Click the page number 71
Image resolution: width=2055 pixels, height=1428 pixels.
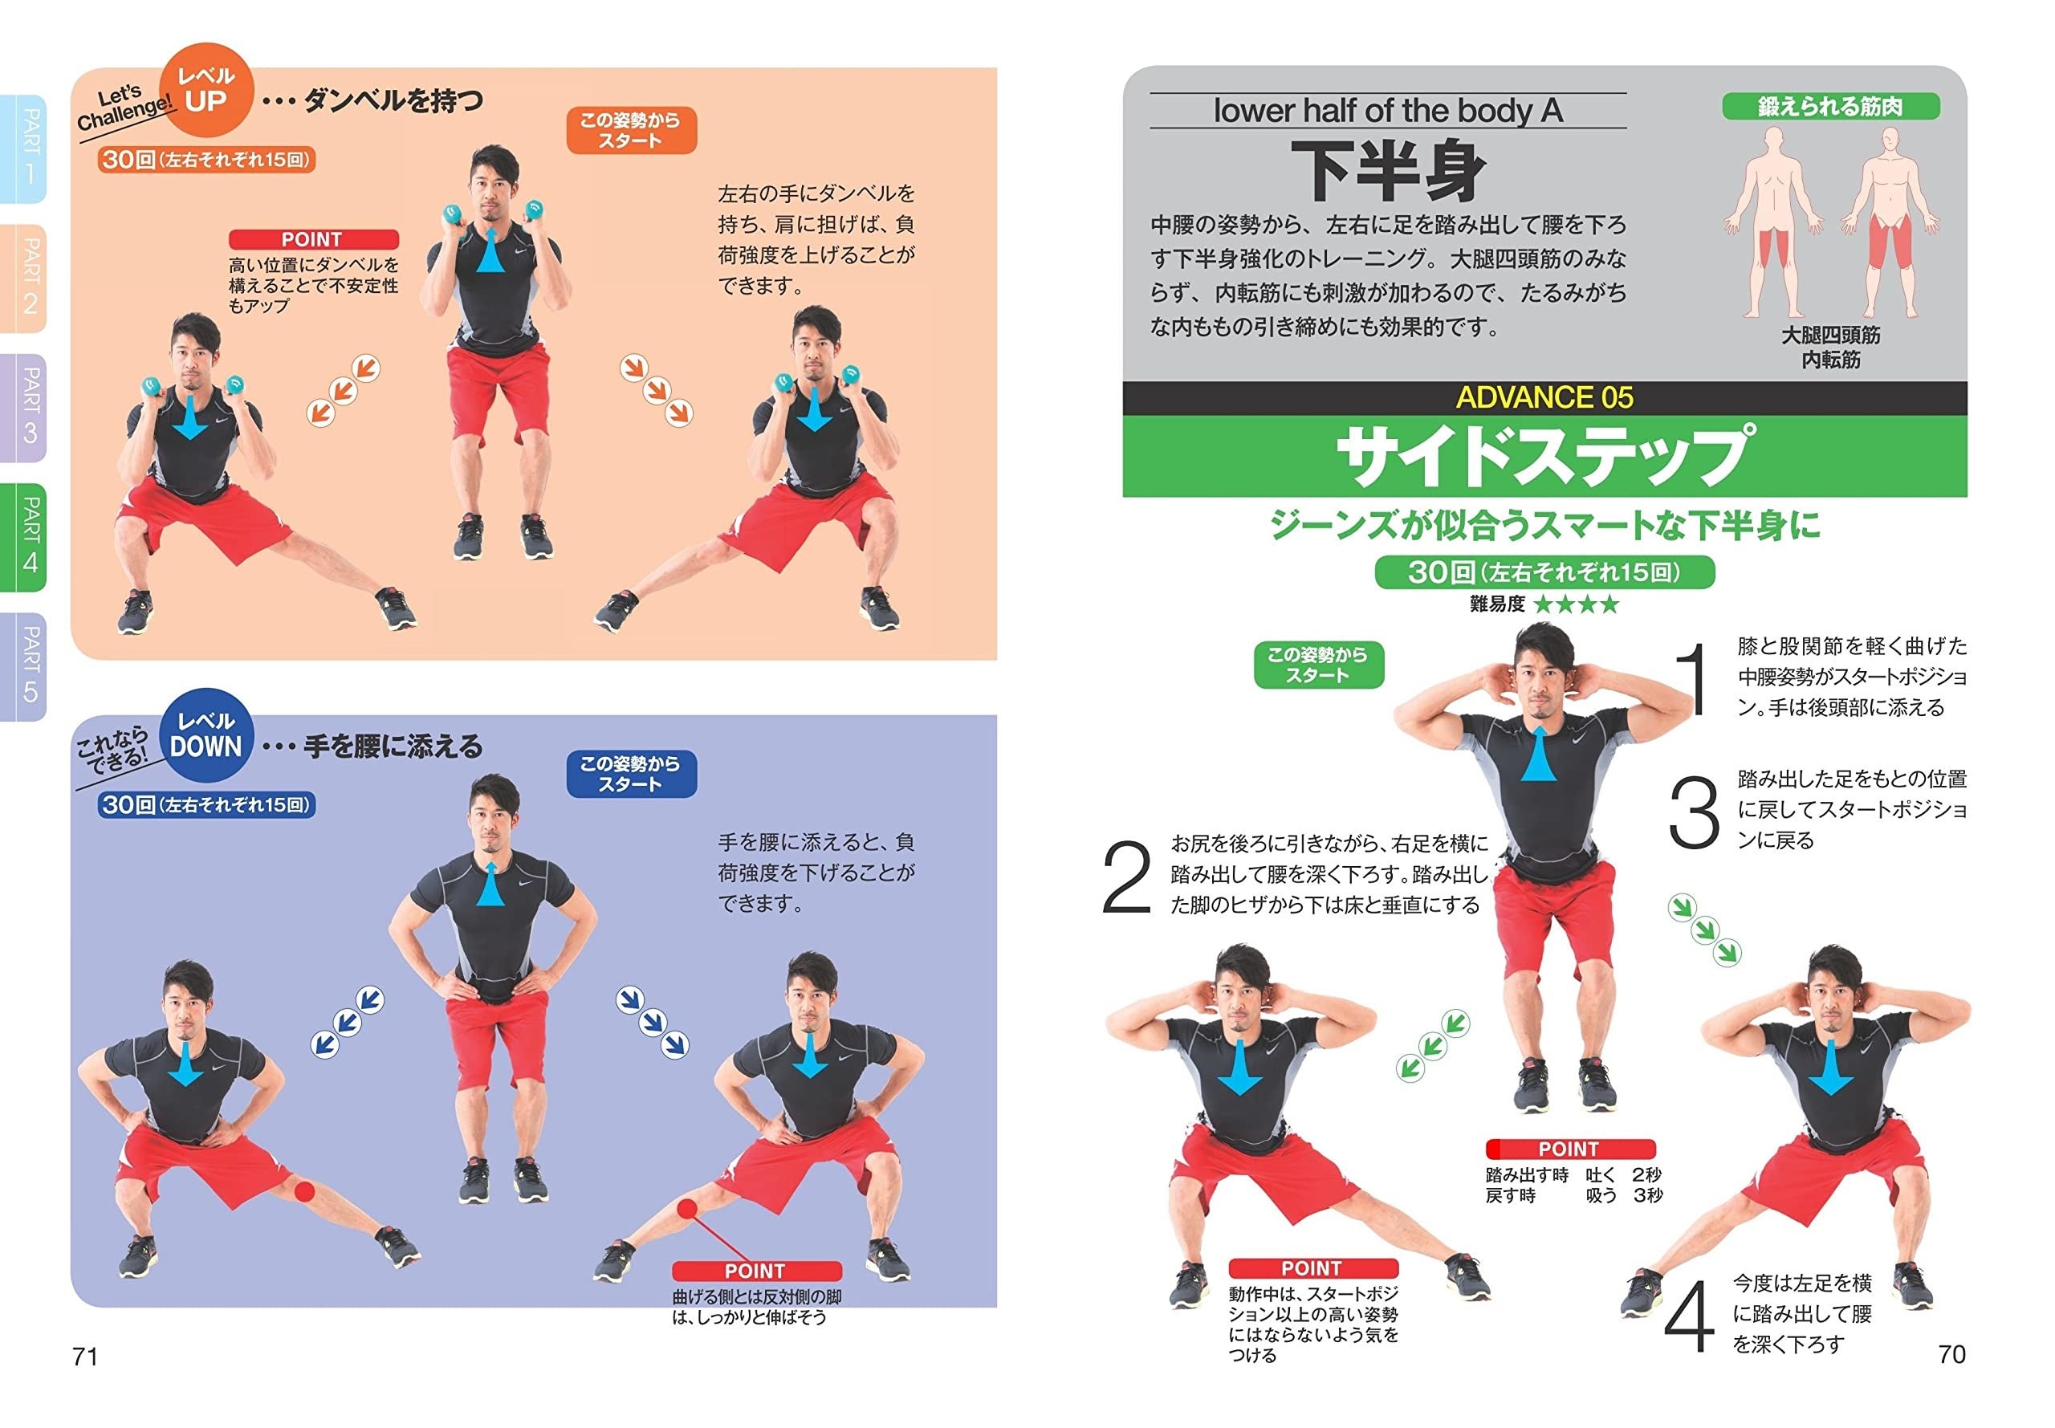85,1356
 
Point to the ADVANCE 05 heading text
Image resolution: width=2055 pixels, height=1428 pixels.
1544,398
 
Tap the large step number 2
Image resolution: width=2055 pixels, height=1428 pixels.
1126,877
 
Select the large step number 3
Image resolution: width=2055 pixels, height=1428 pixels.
1694,812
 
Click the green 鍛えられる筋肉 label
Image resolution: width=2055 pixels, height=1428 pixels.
1830,107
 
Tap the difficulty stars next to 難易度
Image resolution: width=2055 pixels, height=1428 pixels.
1577,605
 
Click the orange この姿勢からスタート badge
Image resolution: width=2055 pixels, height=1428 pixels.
631,131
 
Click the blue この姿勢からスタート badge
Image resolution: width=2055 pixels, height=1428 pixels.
631,774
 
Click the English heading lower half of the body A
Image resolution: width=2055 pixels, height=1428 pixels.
1388,111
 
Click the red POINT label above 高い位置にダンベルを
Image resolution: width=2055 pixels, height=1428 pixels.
313,240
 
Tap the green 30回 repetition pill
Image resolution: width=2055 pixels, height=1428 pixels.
1544,572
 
